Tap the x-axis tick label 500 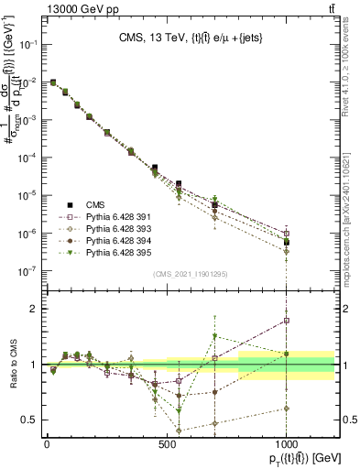click(x=167, y=444)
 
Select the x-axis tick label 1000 click(x=287, y=444)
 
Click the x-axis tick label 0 click(x=47, y=444)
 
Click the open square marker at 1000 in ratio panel click(x=287, y=321)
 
